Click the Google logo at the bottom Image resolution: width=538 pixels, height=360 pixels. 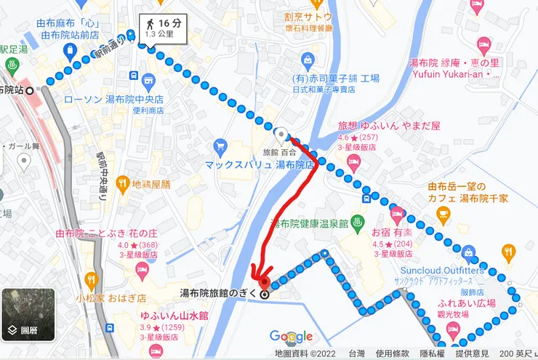pyautogui.click(x=291, y=336)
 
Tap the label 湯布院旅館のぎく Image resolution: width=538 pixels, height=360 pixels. pyautogui.click(x=219, y=294)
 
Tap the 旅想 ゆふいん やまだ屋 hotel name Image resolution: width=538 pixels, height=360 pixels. pyautogui.click(x=389, y=125)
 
